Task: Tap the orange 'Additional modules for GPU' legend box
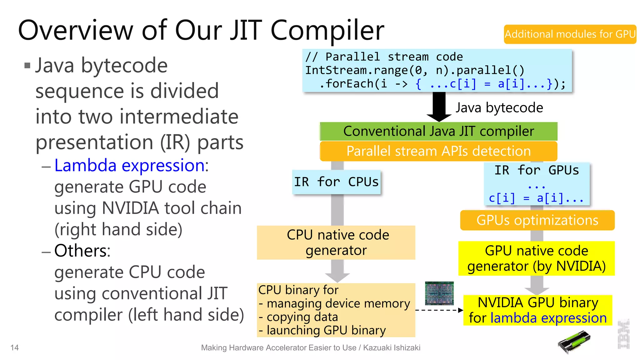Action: click(x=570, y=34)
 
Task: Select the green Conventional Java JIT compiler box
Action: click(x=438, y=131)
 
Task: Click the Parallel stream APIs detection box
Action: click(x=438, y=151)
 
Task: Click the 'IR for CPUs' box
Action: click(x=336, y=182)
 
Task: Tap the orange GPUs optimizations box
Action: click(x=537, y=220)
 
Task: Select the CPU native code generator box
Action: click(x=336, y=242)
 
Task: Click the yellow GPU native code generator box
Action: click(x=536, y=258)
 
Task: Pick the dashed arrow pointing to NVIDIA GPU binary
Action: click(x=439, y=310)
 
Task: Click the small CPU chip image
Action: click(x=439, y=293)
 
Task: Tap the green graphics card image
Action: click(x=574, y=342)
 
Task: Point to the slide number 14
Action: click(x=14, y=347)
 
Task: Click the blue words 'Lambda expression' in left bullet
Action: click(x=129, y=165)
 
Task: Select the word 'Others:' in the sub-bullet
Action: click(x=82, y=251)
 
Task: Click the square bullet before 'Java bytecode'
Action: click(x=27, y=66)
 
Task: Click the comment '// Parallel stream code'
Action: click(x=384, y=57)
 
